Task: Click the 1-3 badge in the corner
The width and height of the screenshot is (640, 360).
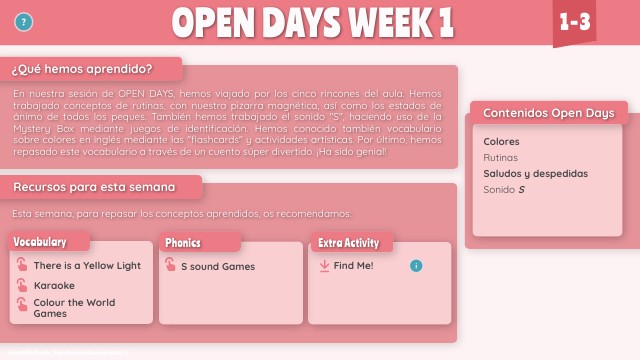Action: [x=574, y=22]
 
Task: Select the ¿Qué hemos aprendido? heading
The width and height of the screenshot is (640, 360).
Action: [x=82, y=69]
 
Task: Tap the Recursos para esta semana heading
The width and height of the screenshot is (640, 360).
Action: [x=94, y=187]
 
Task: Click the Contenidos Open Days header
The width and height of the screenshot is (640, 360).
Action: [x=548, y=113]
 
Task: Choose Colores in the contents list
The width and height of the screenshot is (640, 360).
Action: [x=501, y=142]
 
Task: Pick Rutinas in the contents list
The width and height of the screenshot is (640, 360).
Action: [x=500, y=158]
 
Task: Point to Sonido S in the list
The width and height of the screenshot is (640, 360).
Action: [x=503, y=190]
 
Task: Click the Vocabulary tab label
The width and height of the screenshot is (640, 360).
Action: [x=41, y=242]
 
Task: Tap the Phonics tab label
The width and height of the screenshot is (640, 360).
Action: [x=184, y=242]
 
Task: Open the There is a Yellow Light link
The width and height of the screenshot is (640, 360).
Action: [x=87, y=266]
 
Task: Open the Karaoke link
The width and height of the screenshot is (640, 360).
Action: [x=54, y=285]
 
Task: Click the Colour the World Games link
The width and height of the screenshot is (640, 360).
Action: [x=74, y=308]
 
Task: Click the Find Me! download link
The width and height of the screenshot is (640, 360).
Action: [x=354, y=266]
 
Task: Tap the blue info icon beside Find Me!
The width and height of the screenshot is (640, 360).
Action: [x=416, y=266]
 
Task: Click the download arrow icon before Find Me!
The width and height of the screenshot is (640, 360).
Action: [x=324, y=266]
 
